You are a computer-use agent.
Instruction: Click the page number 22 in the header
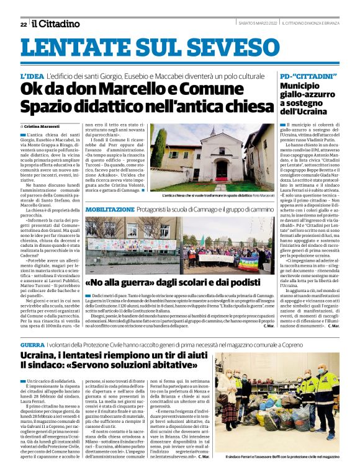23,24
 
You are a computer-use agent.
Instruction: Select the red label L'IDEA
32,76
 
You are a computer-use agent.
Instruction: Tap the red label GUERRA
32,344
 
